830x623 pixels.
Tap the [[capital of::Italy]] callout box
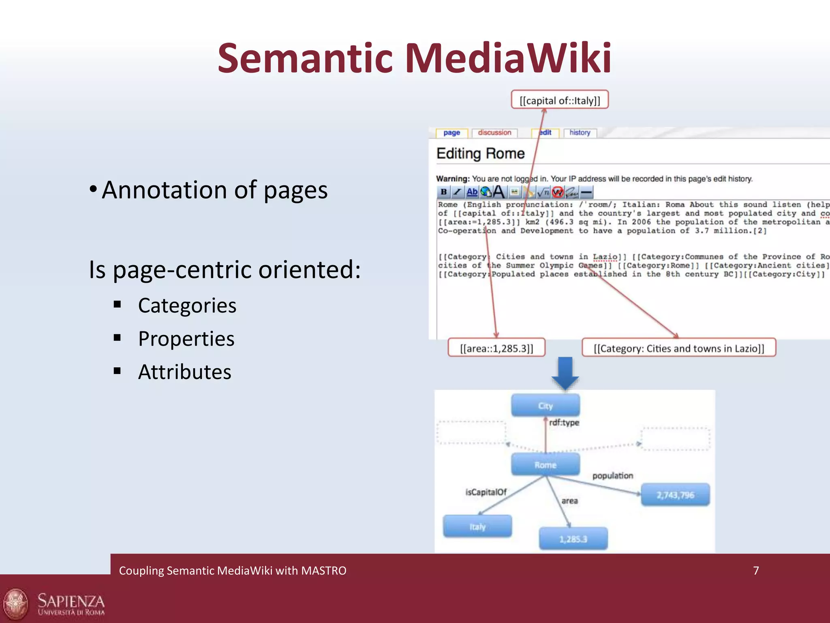pos(560,100)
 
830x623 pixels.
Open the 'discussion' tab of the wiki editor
pos(494,133)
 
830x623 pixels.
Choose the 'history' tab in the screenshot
pos(580,133)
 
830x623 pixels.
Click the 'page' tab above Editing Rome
pos(451,133)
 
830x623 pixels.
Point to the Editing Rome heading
pos(481,154)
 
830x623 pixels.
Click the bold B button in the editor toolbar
pos(444,192)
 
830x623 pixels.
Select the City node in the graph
pos(545,406)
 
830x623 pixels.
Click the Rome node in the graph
pos(545,465)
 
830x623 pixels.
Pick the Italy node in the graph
pos(477,526)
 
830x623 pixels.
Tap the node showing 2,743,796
pos(675,495)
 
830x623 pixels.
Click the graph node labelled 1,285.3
pos(573,539)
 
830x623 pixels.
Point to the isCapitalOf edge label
pos(486,492)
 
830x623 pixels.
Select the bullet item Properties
pos(186,339)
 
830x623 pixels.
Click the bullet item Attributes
pos(184,372)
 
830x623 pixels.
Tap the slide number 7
pos(756,571)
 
